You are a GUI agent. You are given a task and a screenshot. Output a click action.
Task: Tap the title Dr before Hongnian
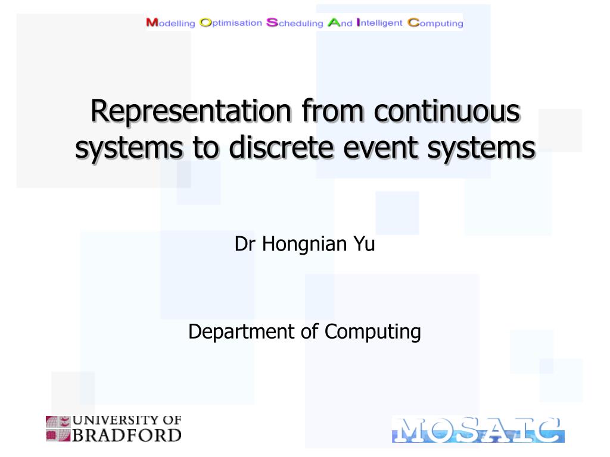click(x=242, y=245)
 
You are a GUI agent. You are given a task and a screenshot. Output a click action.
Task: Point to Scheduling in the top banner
click(x=295, y=23)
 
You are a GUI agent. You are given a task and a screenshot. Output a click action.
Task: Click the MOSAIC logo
click(x=478, y=429)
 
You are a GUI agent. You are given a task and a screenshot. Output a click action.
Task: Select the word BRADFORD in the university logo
click(x=127, y=436)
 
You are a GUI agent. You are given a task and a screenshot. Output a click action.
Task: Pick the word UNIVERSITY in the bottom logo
click(x=111, y=421)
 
